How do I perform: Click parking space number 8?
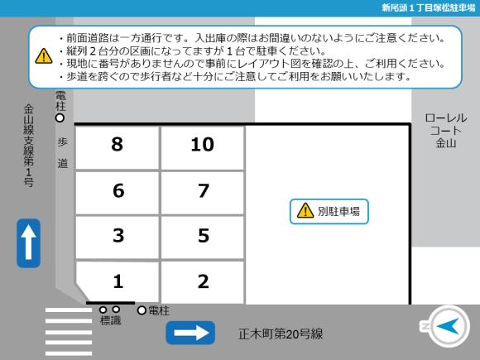coord(118,147)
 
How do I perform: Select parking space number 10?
coord(203,147)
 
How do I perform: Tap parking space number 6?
coord(118,193)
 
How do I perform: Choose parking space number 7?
coord(203,193)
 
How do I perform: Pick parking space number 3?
coord(118,238)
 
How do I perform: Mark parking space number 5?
coord(203,238)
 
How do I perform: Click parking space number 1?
coord(118,281)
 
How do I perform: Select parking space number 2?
coord(203,282)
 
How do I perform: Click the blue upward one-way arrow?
coord(28,243)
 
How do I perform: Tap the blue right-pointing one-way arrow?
coord(190,333)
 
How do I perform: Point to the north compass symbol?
coord(445,326)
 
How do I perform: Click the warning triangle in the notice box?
coord(44,56)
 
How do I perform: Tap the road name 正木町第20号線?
coord(281,334)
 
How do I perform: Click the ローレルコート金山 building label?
coord(446,131)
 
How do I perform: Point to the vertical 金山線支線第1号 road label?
coord(28,146)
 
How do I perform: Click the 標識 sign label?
coord(111,320)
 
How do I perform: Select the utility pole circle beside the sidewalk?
coord(60,118)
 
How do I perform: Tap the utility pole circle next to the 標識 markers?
coord(142,310)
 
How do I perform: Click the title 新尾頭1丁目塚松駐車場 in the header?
coord(428,7)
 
